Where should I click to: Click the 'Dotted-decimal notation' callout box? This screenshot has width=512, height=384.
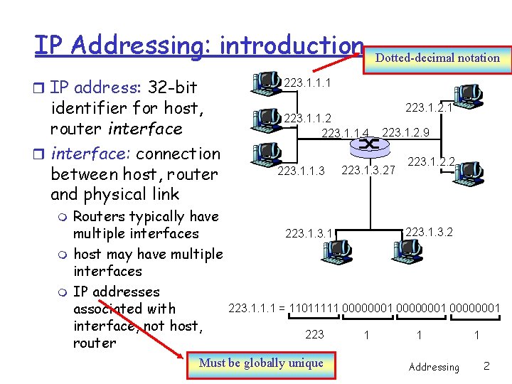coord(437,58)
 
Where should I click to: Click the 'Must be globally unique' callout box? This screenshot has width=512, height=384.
coord(261,363)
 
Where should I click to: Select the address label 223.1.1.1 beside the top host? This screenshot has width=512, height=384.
coord(308,83)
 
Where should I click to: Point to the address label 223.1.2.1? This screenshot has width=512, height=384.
coord(429,108)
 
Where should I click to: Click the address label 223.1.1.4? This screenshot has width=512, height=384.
coord(346,132)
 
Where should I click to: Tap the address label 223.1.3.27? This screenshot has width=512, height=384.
coord(368,171)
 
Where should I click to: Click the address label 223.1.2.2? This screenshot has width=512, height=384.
coord(431,162)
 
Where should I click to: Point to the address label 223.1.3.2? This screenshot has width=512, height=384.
coord(429,231)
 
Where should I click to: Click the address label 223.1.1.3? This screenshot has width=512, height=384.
coord(301,171)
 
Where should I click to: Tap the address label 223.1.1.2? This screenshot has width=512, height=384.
coord(308,117)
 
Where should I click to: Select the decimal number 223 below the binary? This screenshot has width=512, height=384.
coord(314,334)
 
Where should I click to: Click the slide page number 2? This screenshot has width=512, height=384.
coord(486,366)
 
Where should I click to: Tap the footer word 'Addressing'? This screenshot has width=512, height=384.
coord(434,367)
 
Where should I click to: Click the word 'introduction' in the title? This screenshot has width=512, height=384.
coord(292,45)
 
